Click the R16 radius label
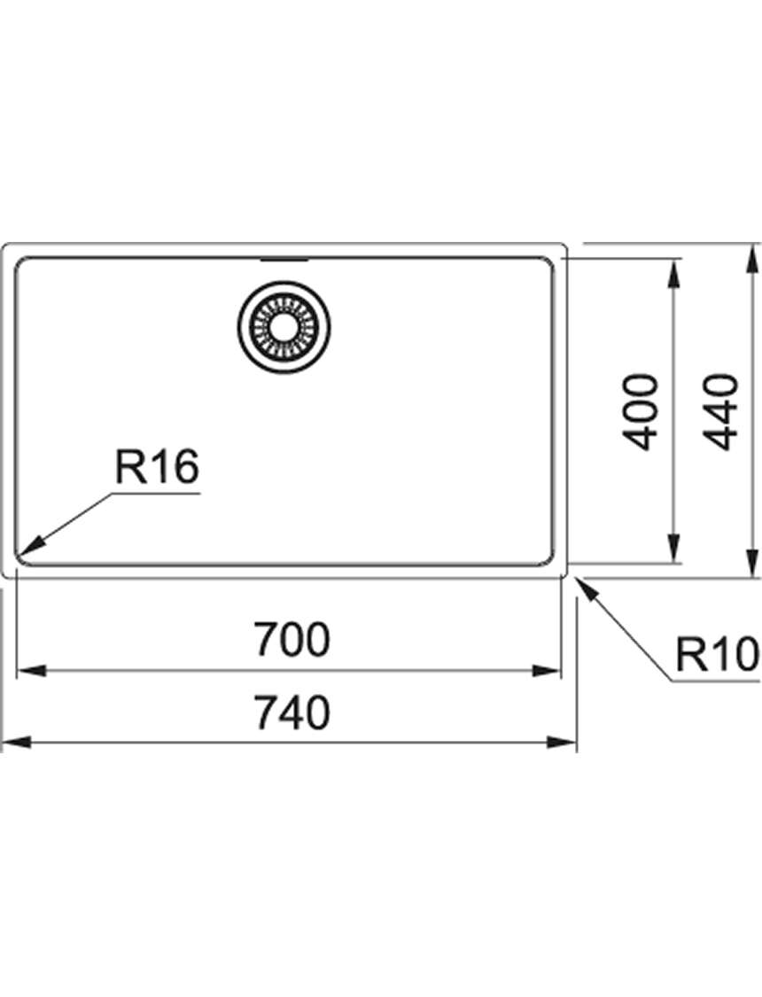click(157, 466)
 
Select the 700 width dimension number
click(292, 639)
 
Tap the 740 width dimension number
click(292, 713)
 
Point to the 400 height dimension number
click(640, 413)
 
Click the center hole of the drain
click(284, 327)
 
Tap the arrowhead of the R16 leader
click(31, 543)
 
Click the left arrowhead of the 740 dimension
click(17, 742)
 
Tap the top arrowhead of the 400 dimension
click(673, 274)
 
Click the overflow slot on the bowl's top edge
click(284, 259)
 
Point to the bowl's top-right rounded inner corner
click(548, 262)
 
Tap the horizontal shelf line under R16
click(156, 493)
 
